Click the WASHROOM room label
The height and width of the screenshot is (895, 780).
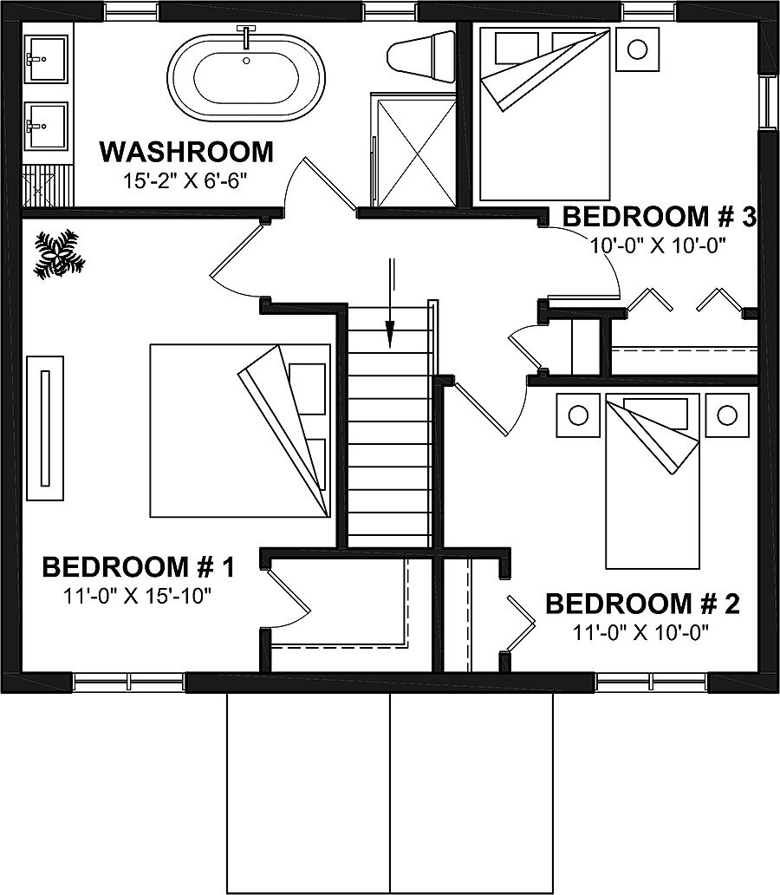click(x=186, y=153)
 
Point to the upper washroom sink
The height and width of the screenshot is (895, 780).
click(x=45, y=59)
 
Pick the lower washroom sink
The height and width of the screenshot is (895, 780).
click(x=45, y=127)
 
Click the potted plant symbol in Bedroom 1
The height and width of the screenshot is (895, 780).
click(x=57, y=254)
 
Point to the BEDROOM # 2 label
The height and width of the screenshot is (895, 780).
click(x=642, y=604)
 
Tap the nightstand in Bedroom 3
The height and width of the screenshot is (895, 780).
click(x=637, y=49)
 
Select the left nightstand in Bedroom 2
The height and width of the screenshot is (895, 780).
click(x=578, y=415)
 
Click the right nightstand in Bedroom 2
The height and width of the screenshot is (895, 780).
click(x=727, y=415)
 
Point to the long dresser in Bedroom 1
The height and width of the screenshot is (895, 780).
click(x=45, y=427)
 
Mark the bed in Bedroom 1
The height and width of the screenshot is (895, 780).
click(x=240, y=431)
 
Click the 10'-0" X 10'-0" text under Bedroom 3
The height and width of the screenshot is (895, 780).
click(x=657, y=245)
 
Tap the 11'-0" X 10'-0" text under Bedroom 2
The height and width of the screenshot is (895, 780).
click(x=641, y=632)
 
